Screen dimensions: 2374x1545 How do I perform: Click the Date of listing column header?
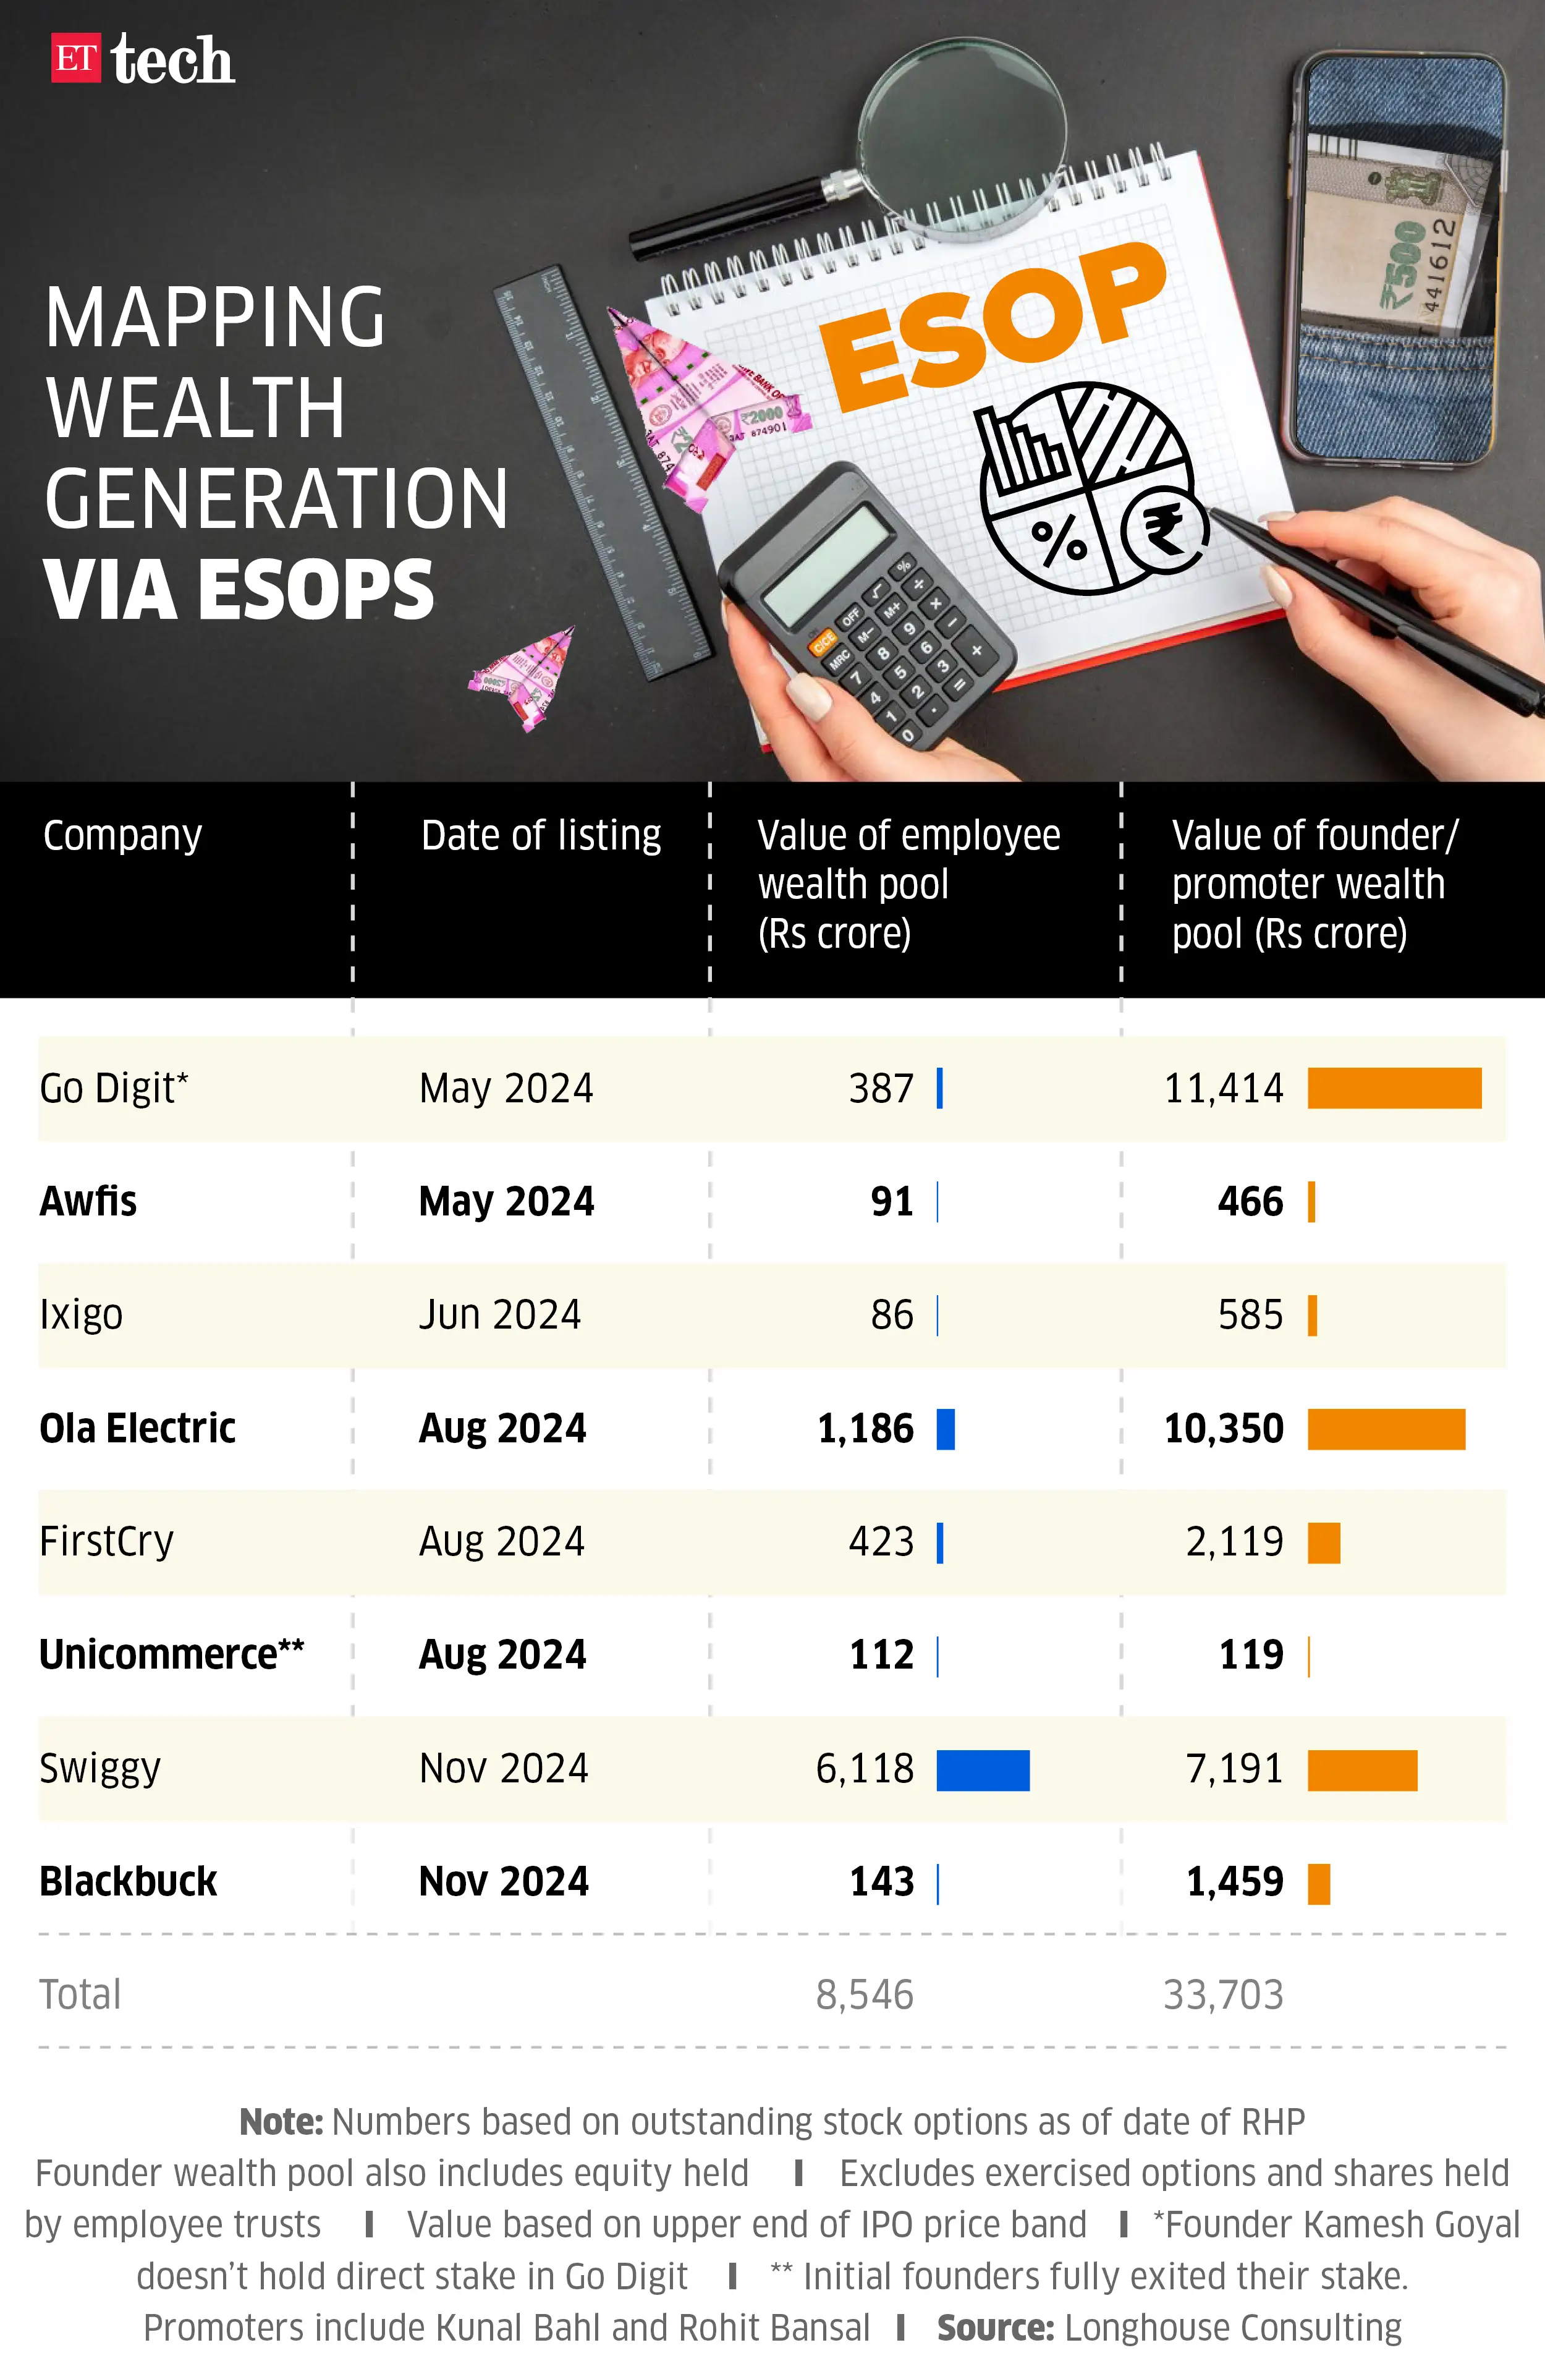click(x=541, y=835)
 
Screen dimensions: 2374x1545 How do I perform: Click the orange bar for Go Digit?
click(x=1394, y=1088)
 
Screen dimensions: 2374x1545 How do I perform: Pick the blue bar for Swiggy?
click(x=983, y=1769)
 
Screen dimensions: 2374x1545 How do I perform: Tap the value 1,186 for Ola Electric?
click(x=865, y=1428)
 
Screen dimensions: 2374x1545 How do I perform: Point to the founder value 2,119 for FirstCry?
click(x=1234, y=1542)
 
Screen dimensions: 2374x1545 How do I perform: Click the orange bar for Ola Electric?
click(x=1386, y=1428)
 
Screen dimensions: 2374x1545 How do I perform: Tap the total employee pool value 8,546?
click(x=864, y=1995)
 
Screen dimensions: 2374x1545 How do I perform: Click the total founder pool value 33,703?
click(x=1223, y=1995)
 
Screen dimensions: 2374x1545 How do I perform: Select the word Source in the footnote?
click(x=994, y=2328)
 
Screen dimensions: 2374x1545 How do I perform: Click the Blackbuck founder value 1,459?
click(x=1234, y=1883)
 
